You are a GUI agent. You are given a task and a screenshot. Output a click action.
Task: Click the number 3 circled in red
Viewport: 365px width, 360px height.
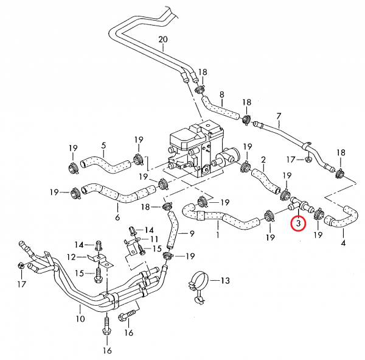click(x=298, y=223)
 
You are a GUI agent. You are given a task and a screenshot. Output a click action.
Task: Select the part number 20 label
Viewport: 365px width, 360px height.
click(x=162, y=41)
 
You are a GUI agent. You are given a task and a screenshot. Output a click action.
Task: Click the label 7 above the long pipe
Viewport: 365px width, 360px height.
click(x=279, y=116)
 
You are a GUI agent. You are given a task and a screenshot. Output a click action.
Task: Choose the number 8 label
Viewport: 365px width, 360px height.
click(x=222, y=94)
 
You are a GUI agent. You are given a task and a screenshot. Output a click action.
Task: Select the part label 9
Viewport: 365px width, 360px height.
click(x=192, y=233)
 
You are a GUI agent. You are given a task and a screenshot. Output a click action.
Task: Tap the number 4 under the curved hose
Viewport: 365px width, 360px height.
click(x=343, y=243)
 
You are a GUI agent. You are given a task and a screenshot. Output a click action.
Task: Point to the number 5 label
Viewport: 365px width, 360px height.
click(x=103, y=146)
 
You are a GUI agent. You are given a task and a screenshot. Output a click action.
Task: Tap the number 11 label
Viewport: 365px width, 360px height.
click(x=154, y=239)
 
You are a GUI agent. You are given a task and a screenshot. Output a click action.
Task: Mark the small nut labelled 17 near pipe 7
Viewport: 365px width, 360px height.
click(x=308, y=160)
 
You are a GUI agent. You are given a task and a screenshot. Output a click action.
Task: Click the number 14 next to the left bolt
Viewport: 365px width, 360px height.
click(x=80, y=244)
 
